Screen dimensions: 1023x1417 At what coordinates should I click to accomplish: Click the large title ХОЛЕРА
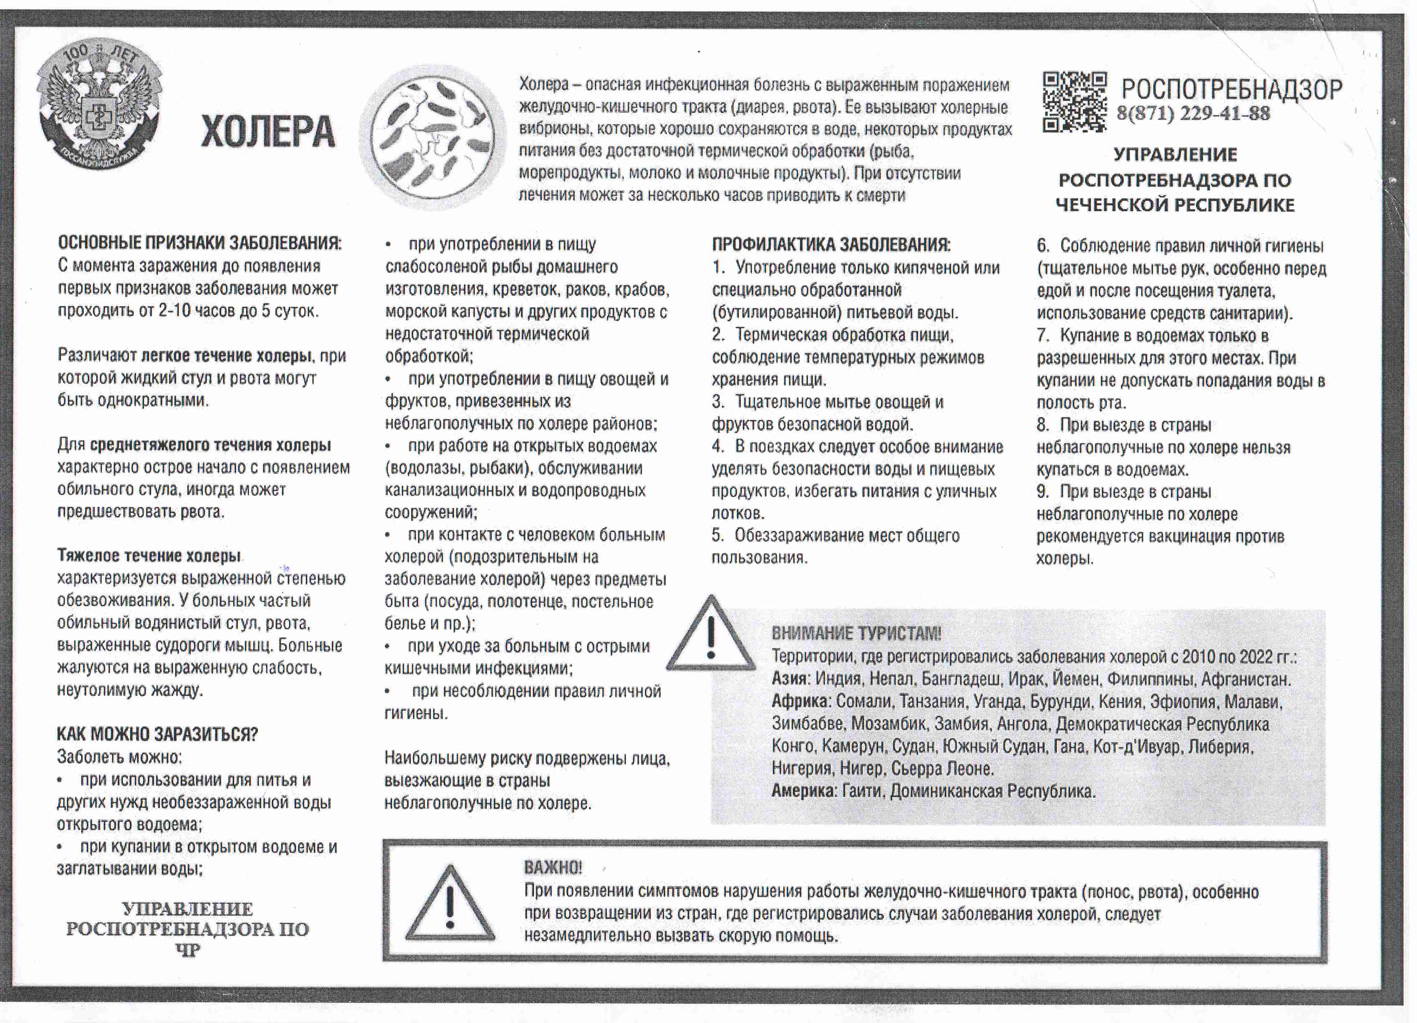[x=267, y=132]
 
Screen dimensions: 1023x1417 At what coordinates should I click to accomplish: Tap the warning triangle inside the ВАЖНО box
[x=450, y=905]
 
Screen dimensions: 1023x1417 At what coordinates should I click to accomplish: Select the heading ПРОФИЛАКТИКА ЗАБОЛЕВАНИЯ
[x=831, y=245]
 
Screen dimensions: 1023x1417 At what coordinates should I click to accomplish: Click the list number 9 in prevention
[x=1042, y=492]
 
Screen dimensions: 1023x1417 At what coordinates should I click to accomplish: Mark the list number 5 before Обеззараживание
[x=717, y=536]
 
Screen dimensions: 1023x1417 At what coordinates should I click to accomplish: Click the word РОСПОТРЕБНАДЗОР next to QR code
[x=1231, y=90]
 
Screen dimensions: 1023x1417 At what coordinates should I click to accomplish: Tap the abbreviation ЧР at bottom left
[x=187, y=951]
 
